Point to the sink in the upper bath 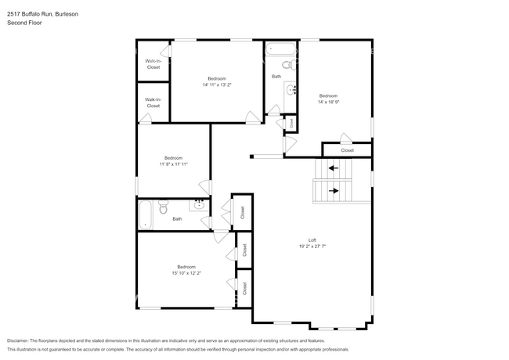pos(293,89)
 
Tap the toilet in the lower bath pos(164,207)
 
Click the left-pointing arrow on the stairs pos(333,167)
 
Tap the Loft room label pos(312,239)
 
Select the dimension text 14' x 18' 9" pos(328,102)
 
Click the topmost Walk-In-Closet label pos(153,64)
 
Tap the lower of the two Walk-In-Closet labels pos(153,103)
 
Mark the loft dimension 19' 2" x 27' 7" pos(312,246)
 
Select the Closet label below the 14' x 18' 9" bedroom pos(347,150)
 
